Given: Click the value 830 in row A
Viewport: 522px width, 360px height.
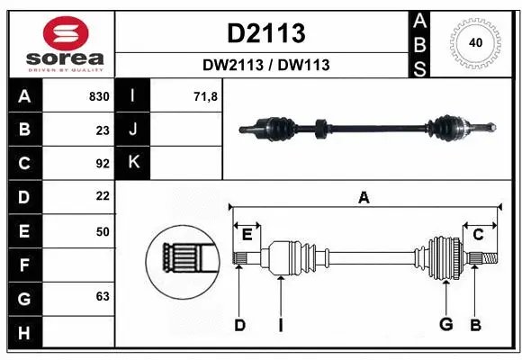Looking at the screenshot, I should [98, 96].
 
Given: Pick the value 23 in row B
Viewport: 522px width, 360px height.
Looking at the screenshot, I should [102, 130].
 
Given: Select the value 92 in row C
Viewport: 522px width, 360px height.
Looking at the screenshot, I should [102, 164].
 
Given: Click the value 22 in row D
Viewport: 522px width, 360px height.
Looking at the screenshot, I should [102, 196].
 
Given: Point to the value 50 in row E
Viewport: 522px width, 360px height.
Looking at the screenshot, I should [102, 231].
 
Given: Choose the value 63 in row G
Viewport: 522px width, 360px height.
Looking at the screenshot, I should [102, 296].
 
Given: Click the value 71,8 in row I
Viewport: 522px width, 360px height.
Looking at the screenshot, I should [206, 96].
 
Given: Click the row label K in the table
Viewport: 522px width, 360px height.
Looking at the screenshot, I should [133, 163].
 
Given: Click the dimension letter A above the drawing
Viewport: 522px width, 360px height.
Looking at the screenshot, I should [364, 198].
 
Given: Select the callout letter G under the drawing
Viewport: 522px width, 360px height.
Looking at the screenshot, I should [445, 325].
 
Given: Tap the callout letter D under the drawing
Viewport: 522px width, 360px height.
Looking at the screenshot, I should [239, 325].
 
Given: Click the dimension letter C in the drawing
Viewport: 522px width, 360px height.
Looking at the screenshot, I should [479, 235].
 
